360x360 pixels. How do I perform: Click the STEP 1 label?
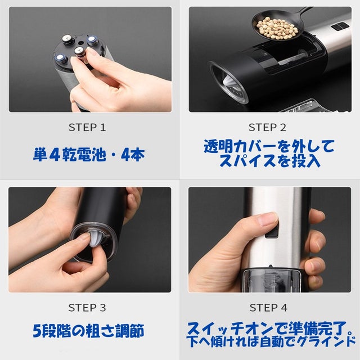click(x=87, y=128)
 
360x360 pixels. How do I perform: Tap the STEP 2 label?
click(x=268, y=128)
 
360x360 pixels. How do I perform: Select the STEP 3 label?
click(x=87, y=308)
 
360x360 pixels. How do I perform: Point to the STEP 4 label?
click(x=268, y=308)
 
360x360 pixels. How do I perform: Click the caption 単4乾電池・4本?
click(x=89, y=155)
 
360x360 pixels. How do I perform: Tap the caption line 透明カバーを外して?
click(x=269, y=146)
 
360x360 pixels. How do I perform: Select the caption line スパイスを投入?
click(x=270, y=160)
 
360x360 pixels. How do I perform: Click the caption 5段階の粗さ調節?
click(x=88, y=331)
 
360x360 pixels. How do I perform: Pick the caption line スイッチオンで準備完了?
click(x=268, y=328)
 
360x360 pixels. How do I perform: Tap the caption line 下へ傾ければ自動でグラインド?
click(x=271, y=342)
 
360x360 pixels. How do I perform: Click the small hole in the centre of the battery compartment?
click(x=80, y=43)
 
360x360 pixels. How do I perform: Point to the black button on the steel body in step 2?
click(x=339, y=26)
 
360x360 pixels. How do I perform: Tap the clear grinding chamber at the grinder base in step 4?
click(x=271, y=281)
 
